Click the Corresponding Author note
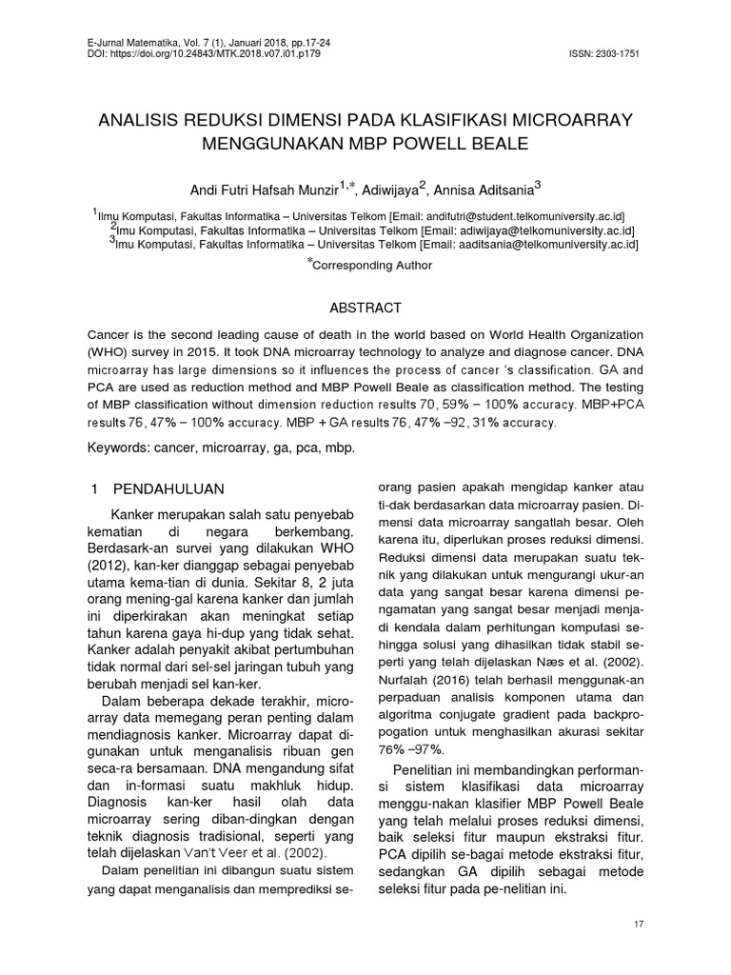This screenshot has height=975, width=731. [x=368, y=268]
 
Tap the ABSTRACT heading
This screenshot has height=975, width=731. [x=365, y=308]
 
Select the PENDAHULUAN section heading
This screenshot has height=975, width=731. [x=168, y=488]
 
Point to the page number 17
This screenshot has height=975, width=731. [x=638, y=925]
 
